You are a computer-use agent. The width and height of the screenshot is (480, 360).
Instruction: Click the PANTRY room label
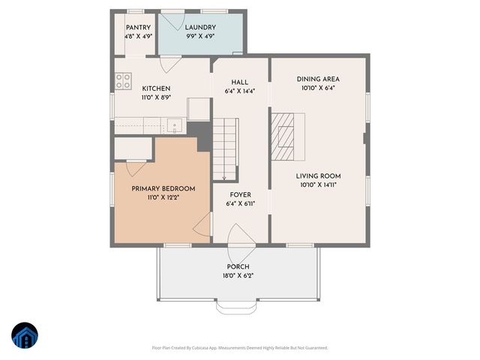pyautogui.click(x=138, y=28)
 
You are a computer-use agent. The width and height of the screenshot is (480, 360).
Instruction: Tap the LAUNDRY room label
pyautogui.click(x=200, y=28)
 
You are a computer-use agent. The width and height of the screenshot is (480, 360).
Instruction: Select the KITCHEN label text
pyautogui.click(x=156, y=88)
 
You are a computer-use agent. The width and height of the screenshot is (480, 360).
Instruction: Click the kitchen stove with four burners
pyautogui.click(x=123, y=81)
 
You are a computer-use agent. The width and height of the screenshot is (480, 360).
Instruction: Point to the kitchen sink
pyautogui.click(x=174, y=126)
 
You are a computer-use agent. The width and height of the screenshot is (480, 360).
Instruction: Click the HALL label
pyautogui.click(x=240, y=82)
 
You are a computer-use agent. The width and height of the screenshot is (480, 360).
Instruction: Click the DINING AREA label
pyautogui.click(x=319, y=79)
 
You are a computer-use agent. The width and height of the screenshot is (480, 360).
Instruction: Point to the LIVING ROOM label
pyautogui.click(x=319, y=175)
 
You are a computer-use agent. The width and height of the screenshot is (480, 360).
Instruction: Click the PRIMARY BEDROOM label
pyautogui.click(x=163, y=188)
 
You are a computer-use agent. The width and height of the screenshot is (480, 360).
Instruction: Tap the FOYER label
pyautogui.click(x=240, y=194)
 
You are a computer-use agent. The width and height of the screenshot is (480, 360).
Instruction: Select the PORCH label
pyautogui.click(x=238, y=267)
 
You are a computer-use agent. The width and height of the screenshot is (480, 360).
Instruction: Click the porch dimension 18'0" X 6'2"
pyautogui.click(x=238, y=276)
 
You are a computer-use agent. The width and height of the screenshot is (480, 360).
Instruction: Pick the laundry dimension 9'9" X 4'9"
pyautogui.click(x=200, y=36)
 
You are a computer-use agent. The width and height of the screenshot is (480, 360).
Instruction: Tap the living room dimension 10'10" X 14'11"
pyautogui.click(x=319, y=184)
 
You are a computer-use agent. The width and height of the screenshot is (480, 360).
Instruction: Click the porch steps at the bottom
pyautogui.click(x=238, y=306)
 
